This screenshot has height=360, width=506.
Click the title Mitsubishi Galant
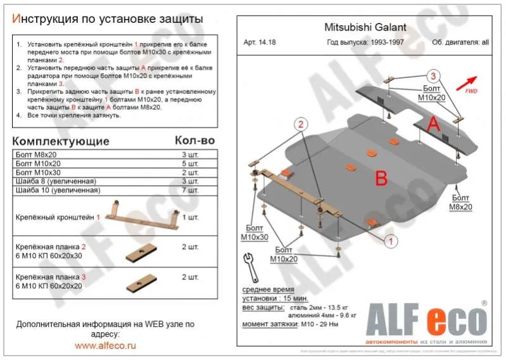click(x=361, y=28)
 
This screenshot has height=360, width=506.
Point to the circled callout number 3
click(x=433, y=76)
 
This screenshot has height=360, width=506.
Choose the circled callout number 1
click(x=391, y=241)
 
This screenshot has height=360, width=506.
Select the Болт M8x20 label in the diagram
click(x=462, y=203)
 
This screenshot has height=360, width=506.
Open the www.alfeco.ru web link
click(x=105, y=345)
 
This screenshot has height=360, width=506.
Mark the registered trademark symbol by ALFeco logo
click(x=484, y=303)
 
